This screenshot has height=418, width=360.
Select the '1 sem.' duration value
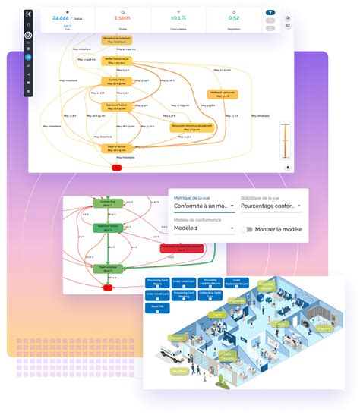click(121, 17)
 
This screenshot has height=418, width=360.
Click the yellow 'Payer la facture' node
click(115, 149)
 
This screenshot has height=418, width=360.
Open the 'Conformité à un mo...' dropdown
click(200, 206)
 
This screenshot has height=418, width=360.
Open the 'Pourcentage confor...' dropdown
click(270, 206)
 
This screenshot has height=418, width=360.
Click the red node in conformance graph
click(108, 288)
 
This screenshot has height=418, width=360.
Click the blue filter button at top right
click(270, 13)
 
